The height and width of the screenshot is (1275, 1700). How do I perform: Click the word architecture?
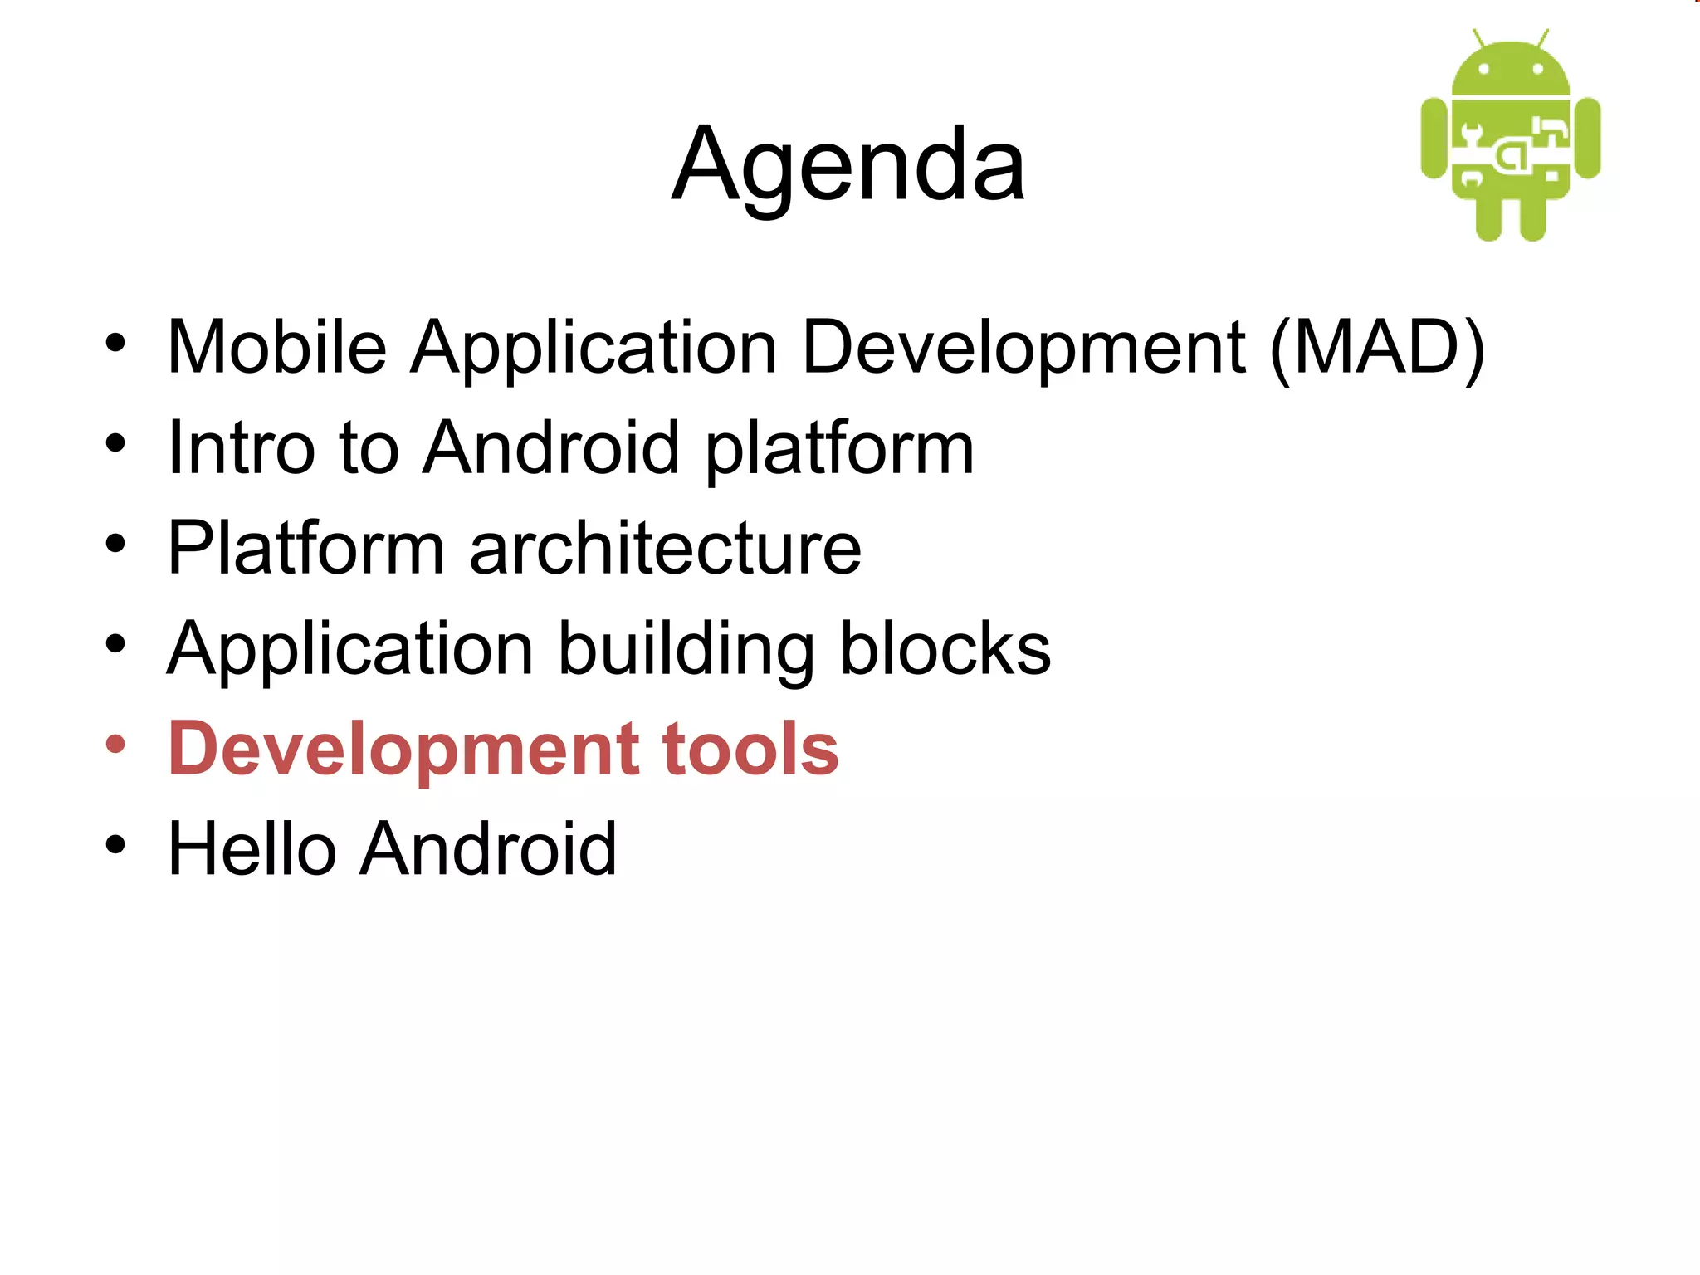pyautogui.click(x=665, y=549)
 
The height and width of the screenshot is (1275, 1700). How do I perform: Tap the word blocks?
pyautogui.click(x=945, y=649)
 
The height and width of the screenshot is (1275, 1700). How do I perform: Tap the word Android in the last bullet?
pyautogui.click(x=488, y=849)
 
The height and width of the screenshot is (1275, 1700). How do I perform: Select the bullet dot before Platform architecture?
pyautogui.click(x=115, y=545)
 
